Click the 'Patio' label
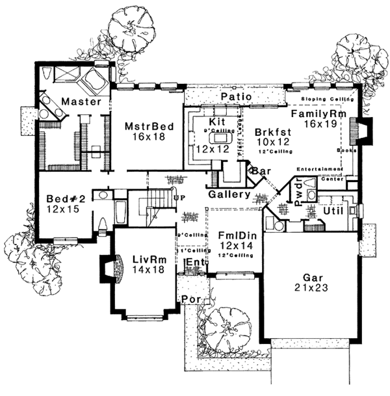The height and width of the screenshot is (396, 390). point(231,97)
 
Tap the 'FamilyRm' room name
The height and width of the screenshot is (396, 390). point(315,114)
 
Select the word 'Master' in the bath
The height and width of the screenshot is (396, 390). point(81,102)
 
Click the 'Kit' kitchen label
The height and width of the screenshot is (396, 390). point(216,122)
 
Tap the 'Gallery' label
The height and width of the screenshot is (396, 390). point(229,194)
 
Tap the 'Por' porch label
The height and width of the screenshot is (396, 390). point(192,300)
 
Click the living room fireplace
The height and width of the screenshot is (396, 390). point(105,268)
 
